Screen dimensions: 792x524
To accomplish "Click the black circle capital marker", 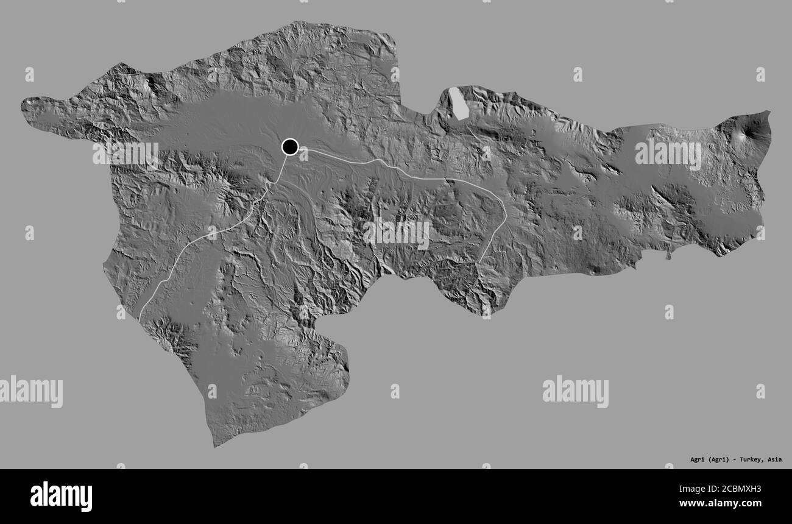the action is tap(289, 147).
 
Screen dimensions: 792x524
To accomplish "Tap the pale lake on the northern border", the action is tap(458, 104).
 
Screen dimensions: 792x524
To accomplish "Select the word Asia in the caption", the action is tap(775, 459).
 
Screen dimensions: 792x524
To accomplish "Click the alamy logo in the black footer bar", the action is tap(61, 496).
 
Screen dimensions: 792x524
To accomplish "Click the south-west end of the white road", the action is tap(140, 319).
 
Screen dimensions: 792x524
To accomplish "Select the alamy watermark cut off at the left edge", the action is tap(30, 391).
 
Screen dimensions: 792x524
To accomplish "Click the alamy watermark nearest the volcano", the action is tap(668, 155).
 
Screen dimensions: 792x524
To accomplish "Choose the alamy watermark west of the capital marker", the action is tap(126, 155).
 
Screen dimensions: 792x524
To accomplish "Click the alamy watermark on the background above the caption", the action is tap(575, 391).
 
